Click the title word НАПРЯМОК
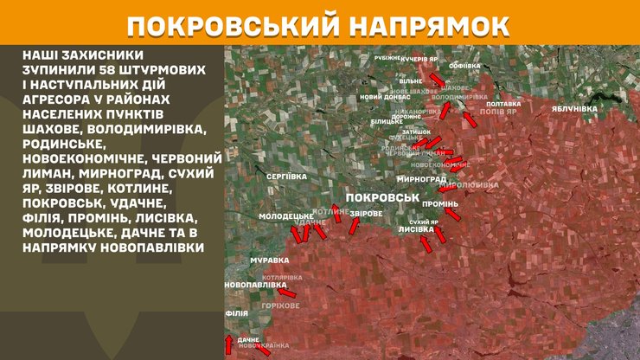click(x=427, y=23)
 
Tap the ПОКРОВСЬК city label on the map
click(x=381, y=198)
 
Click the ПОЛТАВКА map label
click(x=504, y=103)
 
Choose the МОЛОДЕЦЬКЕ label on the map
click(x=285, y=215)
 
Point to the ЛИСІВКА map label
click(x=416, y=231)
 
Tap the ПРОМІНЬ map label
click(x=440, y=203)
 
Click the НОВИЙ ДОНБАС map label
click(x=384, y=97)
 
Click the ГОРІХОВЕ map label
click(x=282, y=305)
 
